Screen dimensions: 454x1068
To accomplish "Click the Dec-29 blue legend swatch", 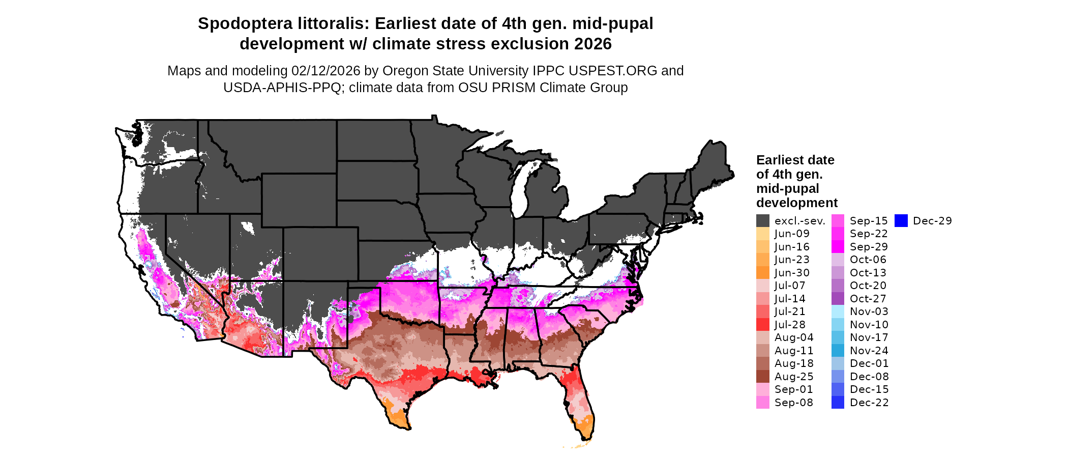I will (x=901, y=221).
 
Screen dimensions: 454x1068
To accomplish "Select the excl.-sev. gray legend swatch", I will (x=762, y=221).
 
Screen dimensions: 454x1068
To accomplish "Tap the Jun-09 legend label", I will (x=792, y=234).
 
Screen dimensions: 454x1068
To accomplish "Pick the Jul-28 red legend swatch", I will (x=762, y=325).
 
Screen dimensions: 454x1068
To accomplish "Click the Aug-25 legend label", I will (x=794, y=377).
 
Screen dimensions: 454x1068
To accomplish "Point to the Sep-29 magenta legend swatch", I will (x=838, y=247).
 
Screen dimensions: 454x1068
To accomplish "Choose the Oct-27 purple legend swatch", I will (x=838, y=299).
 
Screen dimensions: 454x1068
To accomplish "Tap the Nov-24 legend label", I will (x=869, y=351).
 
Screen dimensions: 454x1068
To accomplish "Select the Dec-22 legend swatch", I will (x=838, y=403).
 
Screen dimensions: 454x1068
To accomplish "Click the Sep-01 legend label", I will (x=793, y=389).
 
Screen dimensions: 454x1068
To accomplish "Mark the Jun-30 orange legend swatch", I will (x=762, y=273).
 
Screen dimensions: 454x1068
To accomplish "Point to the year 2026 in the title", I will (x=592, y=44).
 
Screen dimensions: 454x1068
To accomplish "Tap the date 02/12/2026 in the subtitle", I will (x=325, y=71).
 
